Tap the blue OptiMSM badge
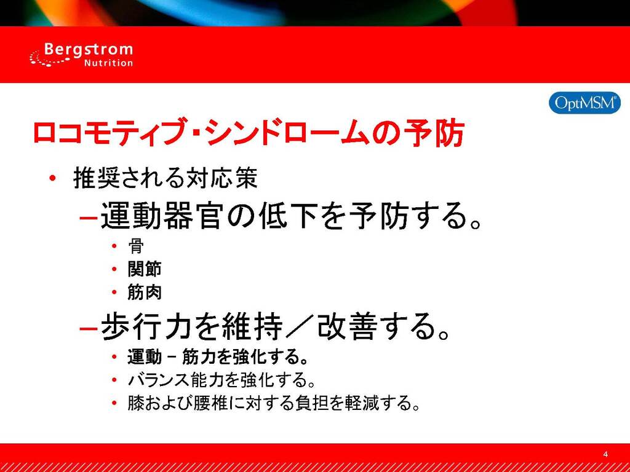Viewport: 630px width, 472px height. (584, 103)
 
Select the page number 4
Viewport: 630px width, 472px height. (605, 454)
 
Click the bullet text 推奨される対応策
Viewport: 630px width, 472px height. (165, 178)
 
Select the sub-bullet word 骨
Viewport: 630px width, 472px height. (136, 246)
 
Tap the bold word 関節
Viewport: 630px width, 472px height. (145, 269)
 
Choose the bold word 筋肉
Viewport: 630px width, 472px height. (145, 292)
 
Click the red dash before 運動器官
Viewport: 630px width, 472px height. (89, 218)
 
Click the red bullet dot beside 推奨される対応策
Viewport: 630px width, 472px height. (52, 178)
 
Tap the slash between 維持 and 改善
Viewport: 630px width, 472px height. (300, 326)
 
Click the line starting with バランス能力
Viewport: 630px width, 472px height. (221, 380)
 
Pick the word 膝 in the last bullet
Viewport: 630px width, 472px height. (136, 403)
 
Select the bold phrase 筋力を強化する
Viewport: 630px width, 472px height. (245, 356)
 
